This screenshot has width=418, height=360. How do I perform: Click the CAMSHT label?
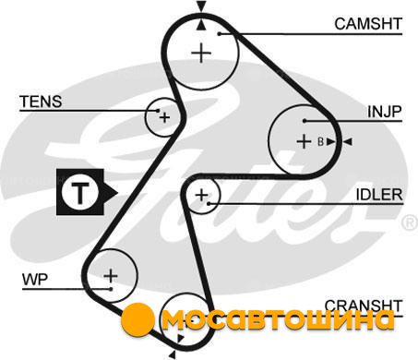368,24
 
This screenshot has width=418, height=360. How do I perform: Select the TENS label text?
41,102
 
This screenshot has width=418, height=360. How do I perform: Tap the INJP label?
385,112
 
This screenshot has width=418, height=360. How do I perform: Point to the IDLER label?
379,195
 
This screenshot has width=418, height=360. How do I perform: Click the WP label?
35,280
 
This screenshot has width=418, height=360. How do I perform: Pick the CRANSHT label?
364,306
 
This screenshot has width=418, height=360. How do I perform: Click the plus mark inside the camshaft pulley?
201,54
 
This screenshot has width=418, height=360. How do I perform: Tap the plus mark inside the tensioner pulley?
164,117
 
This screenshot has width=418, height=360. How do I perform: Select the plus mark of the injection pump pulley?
304,142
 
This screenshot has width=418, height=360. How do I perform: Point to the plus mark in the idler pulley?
202,195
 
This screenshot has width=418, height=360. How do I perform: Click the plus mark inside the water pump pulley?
111,275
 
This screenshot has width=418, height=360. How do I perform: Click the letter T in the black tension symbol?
80,193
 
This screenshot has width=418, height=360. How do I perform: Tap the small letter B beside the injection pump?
320,142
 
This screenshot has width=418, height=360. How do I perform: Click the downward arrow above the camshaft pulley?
201,6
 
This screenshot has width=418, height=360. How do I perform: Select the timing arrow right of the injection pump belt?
348,142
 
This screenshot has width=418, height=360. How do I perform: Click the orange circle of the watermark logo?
137,319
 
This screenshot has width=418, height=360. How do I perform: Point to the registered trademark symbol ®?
410,223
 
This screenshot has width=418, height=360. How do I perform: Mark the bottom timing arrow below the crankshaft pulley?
173,354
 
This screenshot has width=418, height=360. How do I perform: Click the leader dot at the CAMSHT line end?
220,33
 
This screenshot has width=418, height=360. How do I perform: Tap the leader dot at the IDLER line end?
209,203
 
